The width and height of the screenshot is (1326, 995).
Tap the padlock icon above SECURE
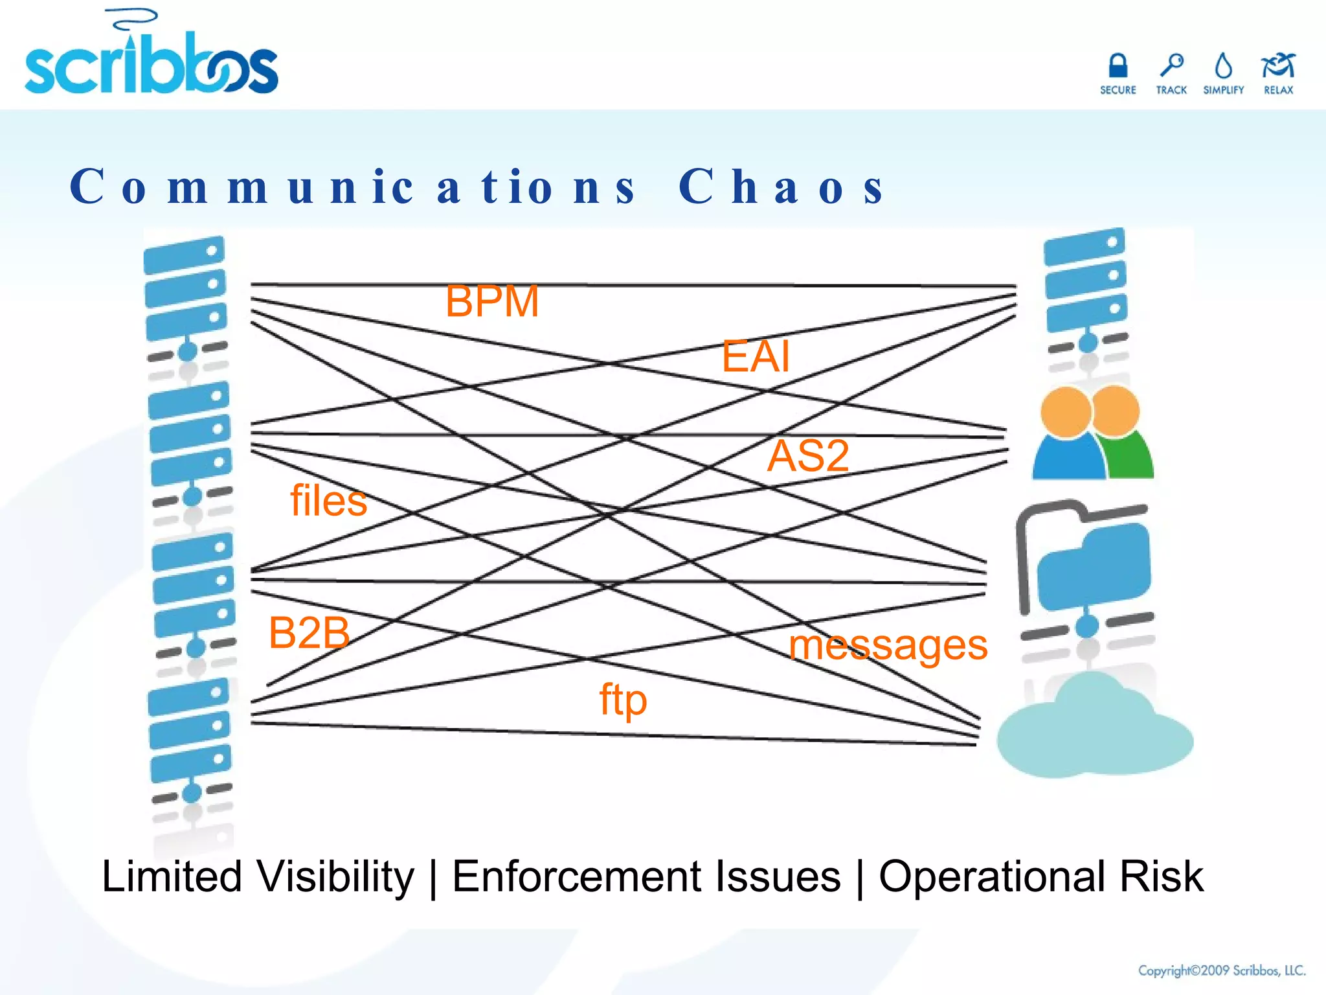pyautogui.click(x=1118, y=65)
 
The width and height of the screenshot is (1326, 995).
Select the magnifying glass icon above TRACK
pyautogui.click(x=1171, y=65)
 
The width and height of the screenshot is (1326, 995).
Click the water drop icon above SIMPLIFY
pyautogui.click(x=1224, y=65)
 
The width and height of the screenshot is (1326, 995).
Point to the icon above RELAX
pyautogui.click(x=1277, y=65)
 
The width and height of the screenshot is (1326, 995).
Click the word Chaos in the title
pyautogui.click(x=781, y=187)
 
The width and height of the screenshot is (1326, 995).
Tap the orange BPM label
pyautogui.click(x=492, y=301)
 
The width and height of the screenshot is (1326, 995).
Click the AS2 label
pyautogui.click(x=808, y=455)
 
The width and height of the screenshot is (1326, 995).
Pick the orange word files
pyautogui.click(x=328, y=501)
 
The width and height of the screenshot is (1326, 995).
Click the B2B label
pyautogui.click(x=309, y=632)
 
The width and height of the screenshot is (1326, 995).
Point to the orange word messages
pyautogui.click(x=888, y=645)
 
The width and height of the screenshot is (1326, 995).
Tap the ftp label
pyautogui.click(x=623, y=700)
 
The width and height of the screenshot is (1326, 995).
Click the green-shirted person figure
pyautogui.click(x=1123, y=434)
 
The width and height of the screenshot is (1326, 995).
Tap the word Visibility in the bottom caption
pyautogui.click(x=335, y=877)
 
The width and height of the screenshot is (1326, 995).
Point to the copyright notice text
pyautogui.click(x=1222, y=970)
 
